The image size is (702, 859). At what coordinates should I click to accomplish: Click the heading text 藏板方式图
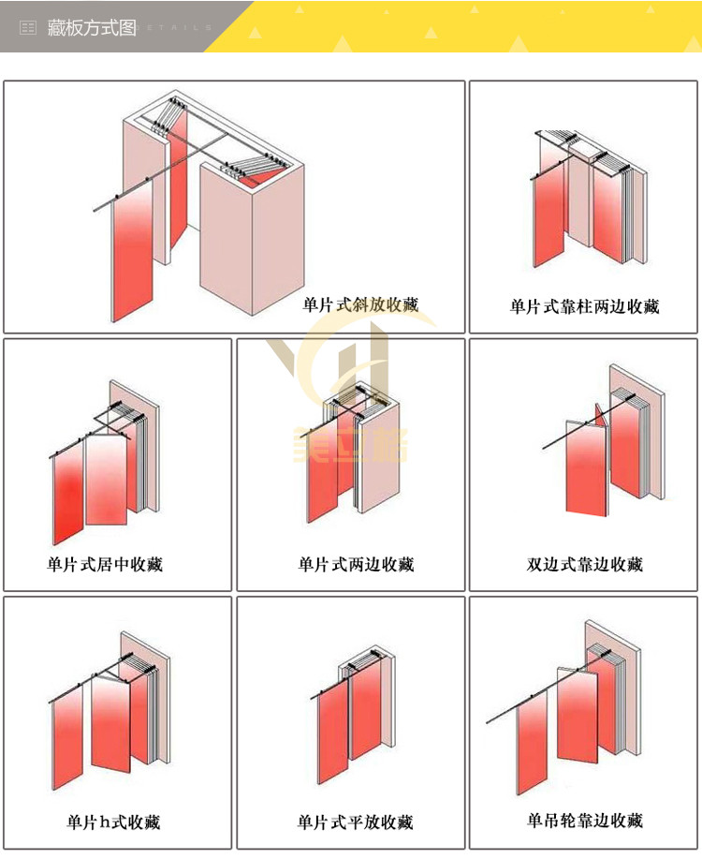(x=92, y=28)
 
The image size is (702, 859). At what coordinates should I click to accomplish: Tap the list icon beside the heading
(x=28, y=28)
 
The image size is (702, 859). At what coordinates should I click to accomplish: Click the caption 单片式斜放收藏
(x=360, y=304)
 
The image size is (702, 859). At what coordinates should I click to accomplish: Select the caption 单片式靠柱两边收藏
(x=584, y=306)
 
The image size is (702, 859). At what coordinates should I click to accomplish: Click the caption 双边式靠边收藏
(x=585, y=564)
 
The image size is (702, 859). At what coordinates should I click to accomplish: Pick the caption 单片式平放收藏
(x=355, y=822)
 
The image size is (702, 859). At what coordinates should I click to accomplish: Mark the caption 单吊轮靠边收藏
(x=585, y=822)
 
